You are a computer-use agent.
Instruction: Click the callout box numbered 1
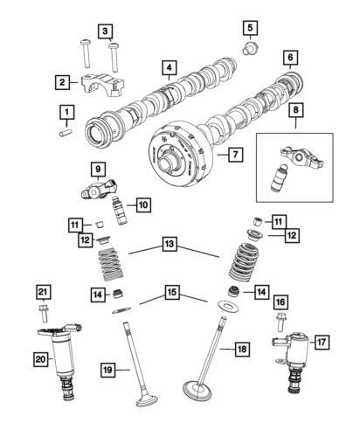click(66, 112)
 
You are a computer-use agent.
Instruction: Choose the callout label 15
click(172, 291)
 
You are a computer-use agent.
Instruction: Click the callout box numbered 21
click(42, 290)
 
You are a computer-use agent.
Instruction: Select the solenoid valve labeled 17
click(294, 361)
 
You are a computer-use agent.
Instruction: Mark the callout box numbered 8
click(296, 111)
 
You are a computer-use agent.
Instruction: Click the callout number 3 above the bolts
click(106, 32)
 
